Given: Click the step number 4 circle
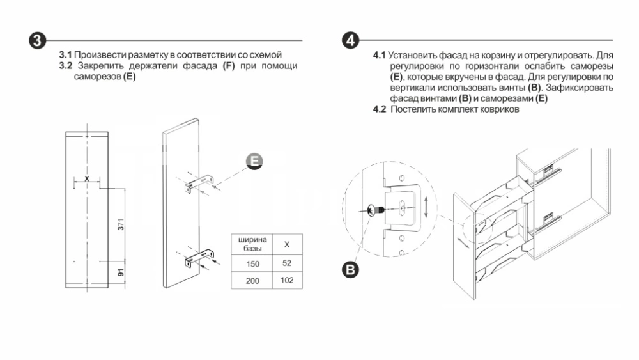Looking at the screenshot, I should [349, 40].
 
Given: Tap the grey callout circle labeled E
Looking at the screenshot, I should [254, 162].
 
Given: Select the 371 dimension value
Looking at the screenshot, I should [120, 224].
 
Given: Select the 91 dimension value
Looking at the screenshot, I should [120, 272].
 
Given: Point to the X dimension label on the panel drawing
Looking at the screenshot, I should [87, 178].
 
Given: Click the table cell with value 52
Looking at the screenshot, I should [287, 263].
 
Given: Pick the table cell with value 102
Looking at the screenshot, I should [287, 280].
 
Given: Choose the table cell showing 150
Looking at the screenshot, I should [253, 263].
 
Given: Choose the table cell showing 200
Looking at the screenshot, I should [253, 280].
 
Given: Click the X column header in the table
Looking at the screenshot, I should [287, 244].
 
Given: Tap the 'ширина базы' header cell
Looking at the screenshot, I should [253, 244].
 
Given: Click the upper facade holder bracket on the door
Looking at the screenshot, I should [198, 184].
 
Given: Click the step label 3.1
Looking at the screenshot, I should [66, 55].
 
